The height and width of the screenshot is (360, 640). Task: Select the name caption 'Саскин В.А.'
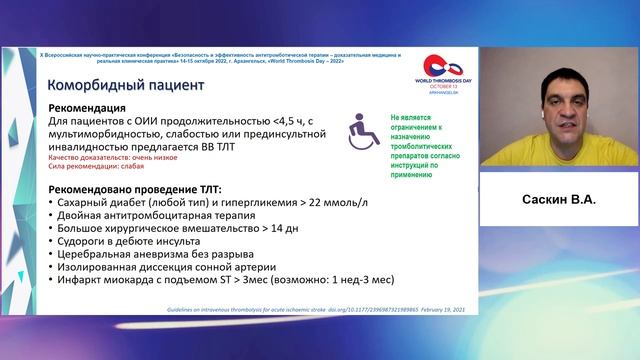[559, 200]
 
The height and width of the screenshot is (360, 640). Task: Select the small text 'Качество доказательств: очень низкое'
[107, 156]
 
